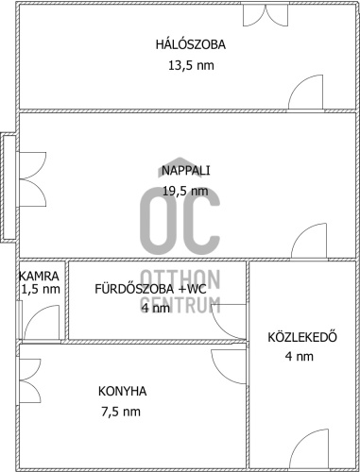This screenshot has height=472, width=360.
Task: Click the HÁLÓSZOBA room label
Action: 191,44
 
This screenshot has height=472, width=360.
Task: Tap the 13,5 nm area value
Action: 191,65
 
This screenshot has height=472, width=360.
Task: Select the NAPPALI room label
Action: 185,170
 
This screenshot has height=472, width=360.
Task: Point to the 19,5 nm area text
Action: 185,191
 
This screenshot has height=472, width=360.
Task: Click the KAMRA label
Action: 39,276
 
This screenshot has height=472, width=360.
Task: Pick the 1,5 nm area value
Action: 41,289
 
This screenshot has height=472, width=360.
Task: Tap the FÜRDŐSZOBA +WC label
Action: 150,289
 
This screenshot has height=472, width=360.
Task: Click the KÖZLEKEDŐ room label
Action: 302,337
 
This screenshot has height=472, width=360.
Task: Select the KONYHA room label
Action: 122,391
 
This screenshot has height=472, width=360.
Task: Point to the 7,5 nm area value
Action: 121,412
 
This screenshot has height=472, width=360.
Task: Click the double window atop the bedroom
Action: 266,14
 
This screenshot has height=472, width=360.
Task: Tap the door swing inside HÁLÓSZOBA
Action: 306,93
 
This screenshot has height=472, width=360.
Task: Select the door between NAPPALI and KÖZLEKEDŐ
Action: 309,241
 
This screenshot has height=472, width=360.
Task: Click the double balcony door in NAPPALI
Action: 33,179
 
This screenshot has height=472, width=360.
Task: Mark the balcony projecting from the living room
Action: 8,187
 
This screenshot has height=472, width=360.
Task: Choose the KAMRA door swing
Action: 42,323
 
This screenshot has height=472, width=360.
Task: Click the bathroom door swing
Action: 229,322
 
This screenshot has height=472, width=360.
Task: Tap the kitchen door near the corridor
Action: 229,366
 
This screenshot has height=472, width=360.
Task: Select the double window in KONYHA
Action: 30,380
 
